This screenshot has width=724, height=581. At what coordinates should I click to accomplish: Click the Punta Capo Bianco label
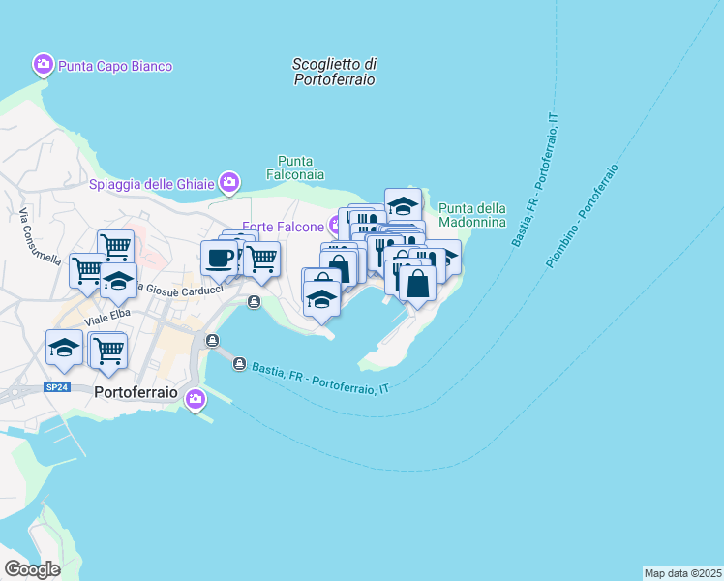pos(114,66)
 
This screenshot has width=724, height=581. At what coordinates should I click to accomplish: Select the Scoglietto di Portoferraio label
pos(334,72)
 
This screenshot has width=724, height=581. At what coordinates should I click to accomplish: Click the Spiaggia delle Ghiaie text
pos(151,184)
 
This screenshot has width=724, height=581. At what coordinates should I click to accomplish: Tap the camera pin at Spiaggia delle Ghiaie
pos(229,181)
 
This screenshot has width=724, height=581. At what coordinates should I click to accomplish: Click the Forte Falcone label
pos(283,227)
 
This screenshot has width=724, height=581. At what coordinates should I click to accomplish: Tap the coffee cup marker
pos(219,259)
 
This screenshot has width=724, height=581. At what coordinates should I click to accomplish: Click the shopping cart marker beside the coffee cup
pos(261,259)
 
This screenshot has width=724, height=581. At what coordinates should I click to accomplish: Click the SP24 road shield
pos(57,386)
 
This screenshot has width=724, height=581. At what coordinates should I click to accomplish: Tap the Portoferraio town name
pos(136,394)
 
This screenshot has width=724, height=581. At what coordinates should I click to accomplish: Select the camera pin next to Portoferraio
pos(196,398)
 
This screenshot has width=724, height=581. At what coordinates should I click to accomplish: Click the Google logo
pos(32,569)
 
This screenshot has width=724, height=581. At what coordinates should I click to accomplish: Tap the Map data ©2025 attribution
pos(681,572)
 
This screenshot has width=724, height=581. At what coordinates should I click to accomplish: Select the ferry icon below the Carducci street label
pos(254,302)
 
